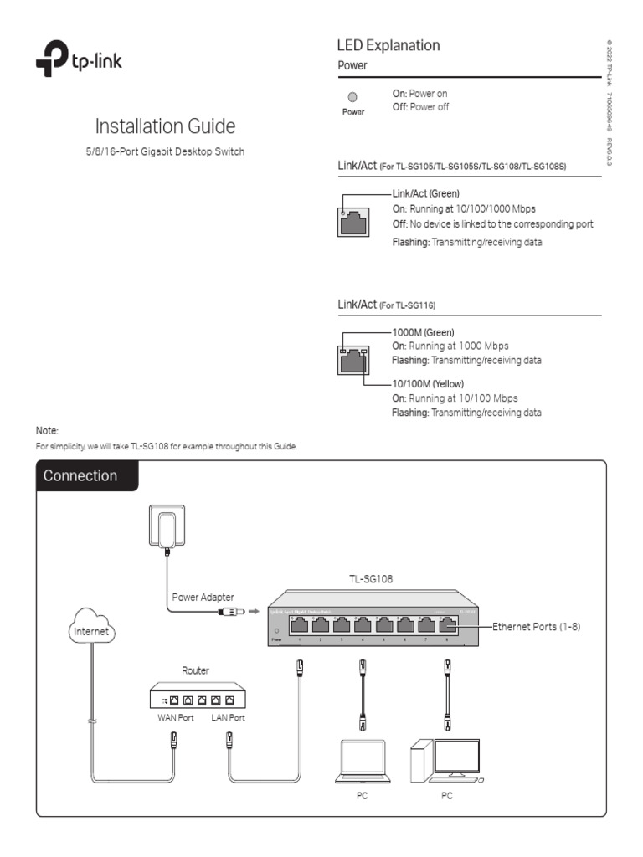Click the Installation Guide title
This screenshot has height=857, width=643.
(165, 127)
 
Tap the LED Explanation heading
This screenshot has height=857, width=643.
(388, 45)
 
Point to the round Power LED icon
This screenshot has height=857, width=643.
(352, 97)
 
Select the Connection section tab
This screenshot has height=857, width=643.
(80, 476)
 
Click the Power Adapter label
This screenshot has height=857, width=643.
(203, 597)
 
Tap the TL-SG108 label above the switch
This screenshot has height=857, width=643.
(371, 578)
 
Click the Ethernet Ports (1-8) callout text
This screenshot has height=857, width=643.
(536, 626)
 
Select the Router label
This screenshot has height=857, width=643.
(196, 670)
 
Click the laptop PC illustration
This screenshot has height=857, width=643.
(361, 761)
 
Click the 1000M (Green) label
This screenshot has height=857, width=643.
(423, 332)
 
